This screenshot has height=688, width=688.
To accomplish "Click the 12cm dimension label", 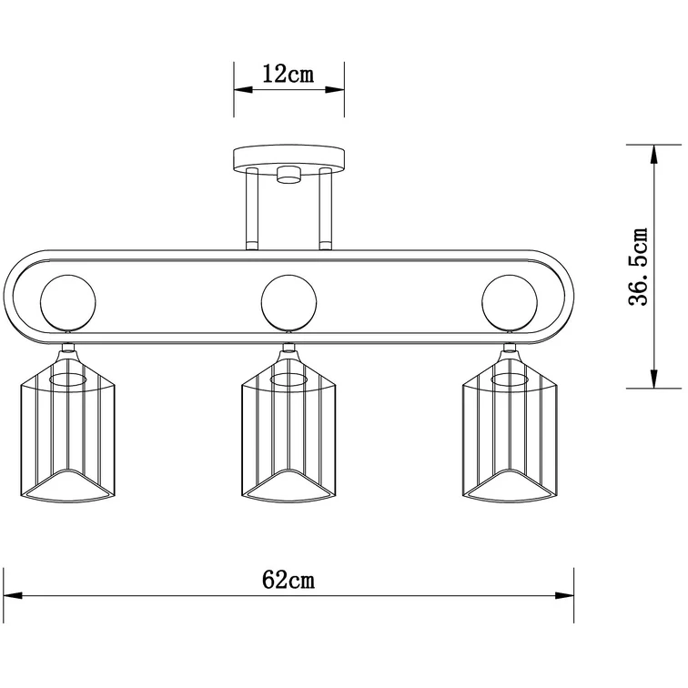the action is (x=288, y=74).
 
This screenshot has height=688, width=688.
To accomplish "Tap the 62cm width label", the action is (x=288, y=580).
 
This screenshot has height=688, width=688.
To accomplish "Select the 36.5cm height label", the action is (x=639, y=267).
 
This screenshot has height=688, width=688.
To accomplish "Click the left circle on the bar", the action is (x=68, y=302).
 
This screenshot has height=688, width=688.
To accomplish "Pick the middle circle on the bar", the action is (x=288, y=302).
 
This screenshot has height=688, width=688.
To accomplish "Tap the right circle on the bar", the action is (x=510, y=302).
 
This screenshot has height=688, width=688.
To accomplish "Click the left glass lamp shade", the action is (x=68, y=426).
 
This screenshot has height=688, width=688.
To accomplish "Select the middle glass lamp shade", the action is (x=288, y=426).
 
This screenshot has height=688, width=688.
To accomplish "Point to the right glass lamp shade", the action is (x=510, y=426).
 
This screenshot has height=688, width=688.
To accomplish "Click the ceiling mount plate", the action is (x=288, y=159).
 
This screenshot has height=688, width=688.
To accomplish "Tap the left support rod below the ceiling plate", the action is (x=252, y=208).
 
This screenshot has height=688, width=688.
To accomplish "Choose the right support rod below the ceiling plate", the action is (x=326, y=208).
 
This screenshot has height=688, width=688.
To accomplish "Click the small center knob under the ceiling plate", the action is (x=288, y=174).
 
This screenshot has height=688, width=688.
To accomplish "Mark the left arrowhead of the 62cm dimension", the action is (x=13, y=596).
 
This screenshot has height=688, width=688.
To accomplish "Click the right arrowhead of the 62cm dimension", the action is (x=565, y=596).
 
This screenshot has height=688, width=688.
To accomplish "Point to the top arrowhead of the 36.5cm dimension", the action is (x=653, y=155).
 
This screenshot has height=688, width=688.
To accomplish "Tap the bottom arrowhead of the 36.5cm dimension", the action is (x=653, y=379).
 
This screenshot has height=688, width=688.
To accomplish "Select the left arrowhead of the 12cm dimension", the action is (x=243, y=90).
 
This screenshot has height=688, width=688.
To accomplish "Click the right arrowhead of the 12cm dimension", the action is (x=335, y=90).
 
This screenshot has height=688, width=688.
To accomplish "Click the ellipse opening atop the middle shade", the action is (x=288, y=380).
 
